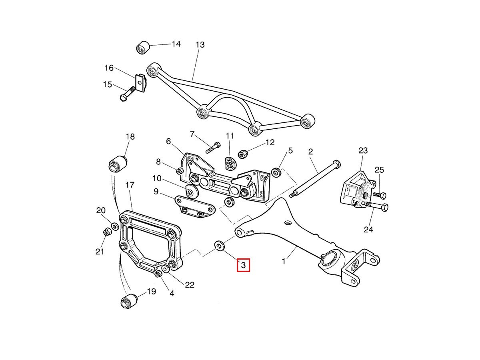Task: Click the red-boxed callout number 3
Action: click(x=243, y=265)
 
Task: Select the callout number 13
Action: click(x=200, y=45)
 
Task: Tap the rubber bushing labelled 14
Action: click(x=143, y=47)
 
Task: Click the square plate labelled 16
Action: click(x=140, y=83)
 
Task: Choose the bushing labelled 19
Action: click(x=129, y=300)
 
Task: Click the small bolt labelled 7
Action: click(x=213, y=147)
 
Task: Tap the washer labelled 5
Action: click(x=276, y=172)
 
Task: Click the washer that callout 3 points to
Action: click(x=219, y=245)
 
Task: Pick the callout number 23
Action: click(x=363, y=151)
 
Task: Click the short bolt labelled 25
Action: click(x=380, y=196)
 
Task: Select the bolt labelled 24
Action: click(x=376, y=206)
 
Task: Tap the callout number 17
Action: click(x=130, y=185)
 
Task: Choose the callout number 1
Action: click(x=284, y=262)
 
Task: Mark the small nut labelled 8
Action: click(x=180, y=171)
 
